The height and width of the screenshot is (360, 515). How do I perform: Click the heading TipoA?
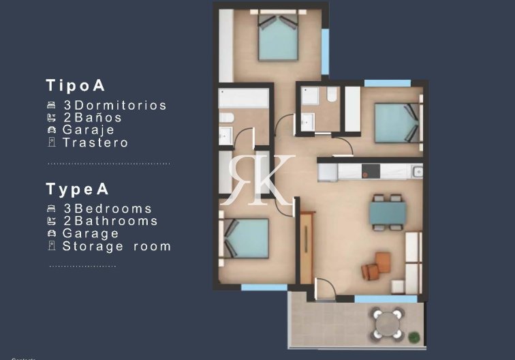(x=75, y=86)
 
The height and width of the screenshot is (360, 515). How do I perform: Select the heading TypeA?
(x=77, y=189)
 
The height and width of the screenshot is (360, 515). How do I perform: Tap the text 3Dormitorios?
(x=114, y=106)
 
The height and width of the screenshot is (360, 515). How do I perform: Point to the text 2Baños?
(x=93, y=118)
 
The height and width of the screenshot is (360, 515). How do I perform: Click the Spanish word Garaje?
(x=89, y=130)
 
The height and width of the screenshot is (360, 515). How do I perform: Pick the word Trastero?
(x=95, y=142)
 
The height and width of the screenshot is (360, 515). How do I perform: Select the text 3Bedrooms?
(x=108, y=209)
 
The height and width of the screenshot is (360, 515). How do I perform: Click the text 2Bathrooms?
(x=110, y=221)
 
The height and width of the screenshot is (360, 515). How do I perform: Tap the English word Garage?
(x=91, y=233)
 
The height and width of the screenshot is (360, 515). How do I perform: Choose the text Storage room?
(x=116, y=246)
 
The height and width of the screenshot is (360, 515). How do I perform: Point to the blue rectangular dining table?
(x=387, y=212)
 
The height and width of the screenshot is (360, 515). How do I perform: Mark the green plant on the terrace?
(x=413, y=336)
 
